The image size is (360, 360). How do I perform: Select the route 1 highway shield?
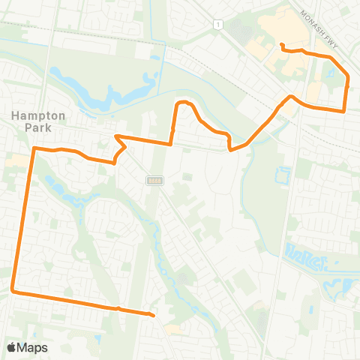click(x=217, y=25)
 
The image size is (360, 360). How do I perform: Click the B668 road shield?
click(x=154, y=180)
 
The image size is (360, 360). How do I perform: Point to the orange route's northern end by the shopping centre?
click(x=282, y=46)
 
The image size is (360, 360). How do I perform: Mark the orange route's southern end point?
click(x=154, y=316)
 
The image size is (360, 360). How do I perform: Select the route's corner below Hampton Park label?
click(x=34, y=150)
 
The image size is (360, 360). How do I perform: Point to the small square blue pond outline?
click(x=282, y=176)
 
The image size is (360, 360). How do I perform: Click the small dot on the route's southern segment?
click(x=118, y=308)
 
